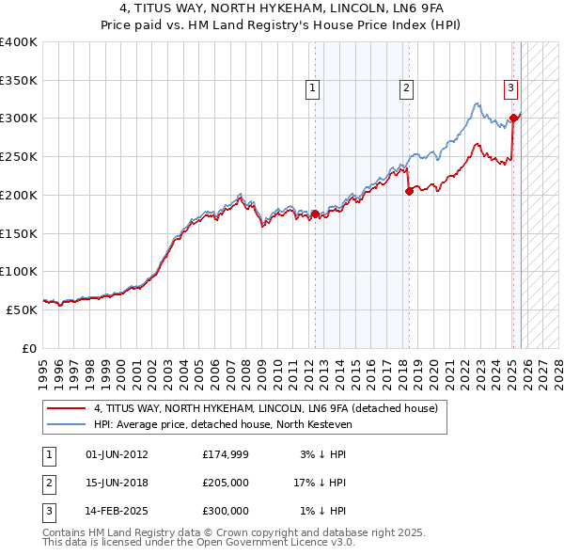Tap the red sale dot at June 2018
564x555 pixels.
[x=409, y=191]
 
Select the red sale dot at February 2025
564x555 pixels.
[x=513, y=118]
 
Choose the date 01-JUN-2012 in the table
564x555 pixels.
[x=117, y=455]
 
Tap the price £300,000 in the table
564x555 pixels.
[x=226, y=511]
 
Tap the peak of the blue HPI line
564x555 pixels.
[x=478, y=103]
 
